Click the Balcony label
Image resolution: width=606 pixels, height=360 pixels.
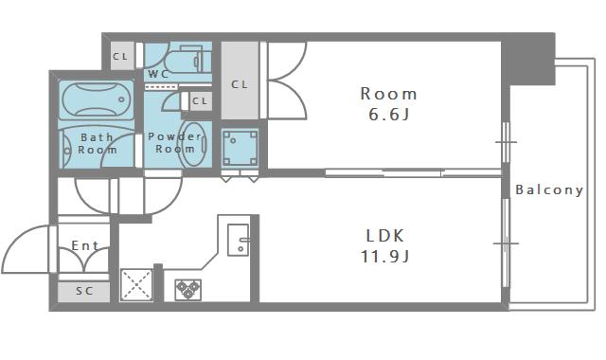[549, 189]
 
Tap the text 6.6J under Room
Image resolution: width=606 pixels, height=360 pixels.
[388, 115]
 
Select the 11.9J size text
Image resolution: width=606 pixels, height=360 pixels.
[385, 257]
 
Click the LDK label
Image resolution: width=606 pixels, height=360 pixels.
[385, 236]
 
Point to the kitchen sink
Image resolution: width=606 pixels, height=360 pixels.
[238, 240]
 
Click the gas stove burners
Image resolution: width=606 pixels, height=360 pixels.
[187, 290]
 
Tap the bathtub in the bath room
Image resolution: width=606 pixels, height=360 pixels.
[97, 99]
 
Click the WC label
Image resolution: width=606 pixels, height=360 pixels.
[158, 74]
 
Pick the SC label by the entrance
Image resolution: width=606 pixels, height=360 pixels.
[84, 291]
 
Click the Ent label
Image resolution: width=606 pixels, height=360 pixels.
[85, 246]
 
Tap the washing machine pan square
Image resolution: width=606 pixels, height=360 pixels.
[240, 148]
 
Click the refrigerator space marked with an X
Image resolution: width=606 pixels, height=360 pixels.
[136, 285]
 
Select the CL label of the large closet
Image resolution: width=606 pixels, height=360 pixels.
[240, 84]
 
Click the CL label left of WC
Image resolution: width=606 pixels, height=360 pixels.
[120, 57]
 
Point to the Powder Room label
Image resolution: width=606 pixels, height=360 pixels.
[175, 142]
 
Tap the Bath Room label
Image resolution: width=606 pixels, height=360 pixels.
[98, 143]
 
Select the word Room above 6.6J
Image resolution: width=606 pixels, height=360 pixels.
[388, 94]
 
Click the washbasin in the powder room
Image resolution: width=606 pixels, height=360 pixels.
[192, 144]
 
